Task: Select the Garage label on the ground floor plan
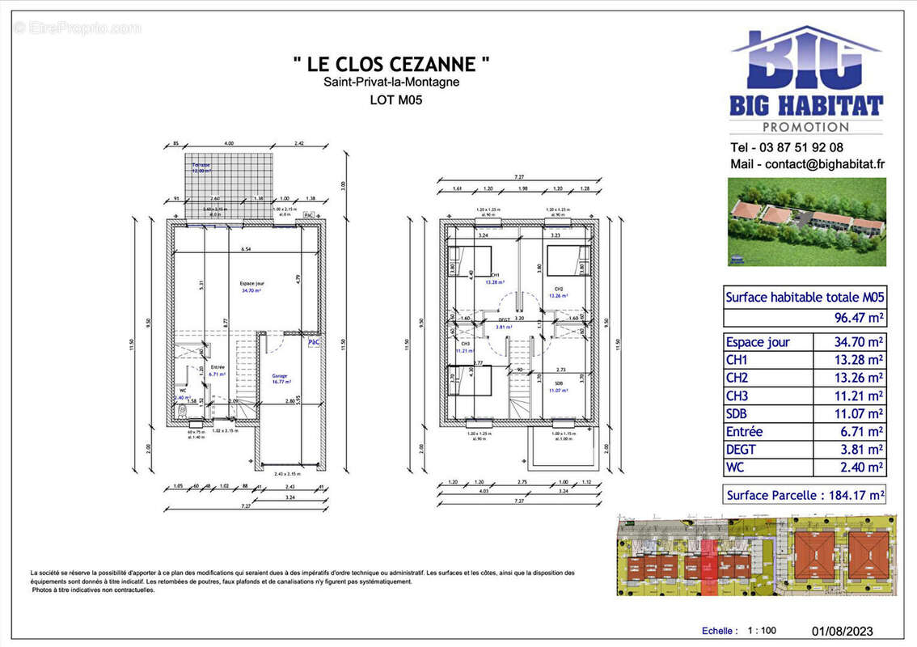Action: pyautogui.click(x=280, y=376)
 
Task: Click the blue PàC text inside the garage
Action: pyautogui.click(x=314, y=343)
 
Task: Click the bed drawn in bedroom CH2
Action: pyautogui.click(x=564, y=262)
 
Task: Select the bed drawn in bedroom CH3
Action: pyautogui.click(x=470, y=380)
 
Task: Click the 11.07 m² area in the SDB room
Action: pyautogui.click(x=560, y=391)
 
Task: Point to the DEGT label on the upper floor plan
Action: pyautogui.click(x=505, y=319)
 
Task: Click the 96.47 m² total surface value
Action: pyautogui.click(x=858, y=318)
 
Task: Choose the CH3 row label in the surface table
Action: pyautogui.click(x=737, y=395)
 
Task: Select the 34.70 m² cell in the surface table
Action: pyautogui.click(x=858, y=342)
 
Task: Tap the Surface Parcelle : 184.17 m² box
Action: pyautogui.click(x=804, y=495)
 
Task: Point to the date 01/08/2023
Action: pyautogui.click(x=841, y=631)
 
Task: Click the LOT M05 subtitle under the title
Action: pyautogui.click(x=396, y=100)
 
